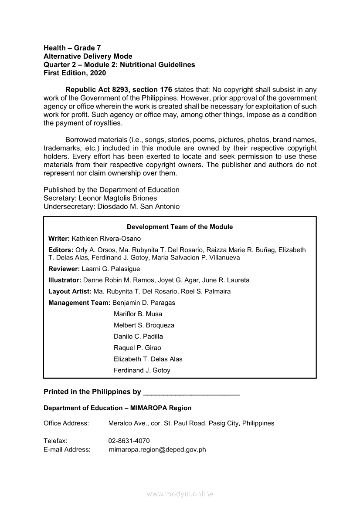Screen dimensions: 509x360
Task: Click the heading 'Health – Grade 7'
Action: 72,48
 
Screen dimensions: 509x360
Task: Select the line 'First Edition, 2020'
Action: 75,73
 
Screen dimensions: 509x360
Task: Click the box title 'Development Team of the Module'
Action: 180,227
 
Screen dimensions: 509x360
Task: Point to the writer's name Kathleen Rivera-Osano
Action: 106,239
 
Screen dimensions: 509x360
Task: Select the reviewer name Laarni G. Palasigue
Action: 111,269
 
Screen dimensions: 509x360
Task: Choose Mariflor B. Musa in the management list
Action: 138,314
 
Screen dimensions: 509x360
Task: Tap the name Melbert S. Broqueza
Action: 144,325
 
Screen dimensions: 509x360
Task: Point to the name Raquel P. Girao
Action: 137,348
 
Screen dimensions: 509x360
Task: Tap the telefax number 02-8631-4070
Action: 129,441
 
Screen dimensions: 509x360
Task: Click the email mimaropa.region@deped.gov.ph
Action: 157,449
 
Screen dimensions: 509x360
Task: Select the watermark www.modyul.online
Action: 180,494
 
